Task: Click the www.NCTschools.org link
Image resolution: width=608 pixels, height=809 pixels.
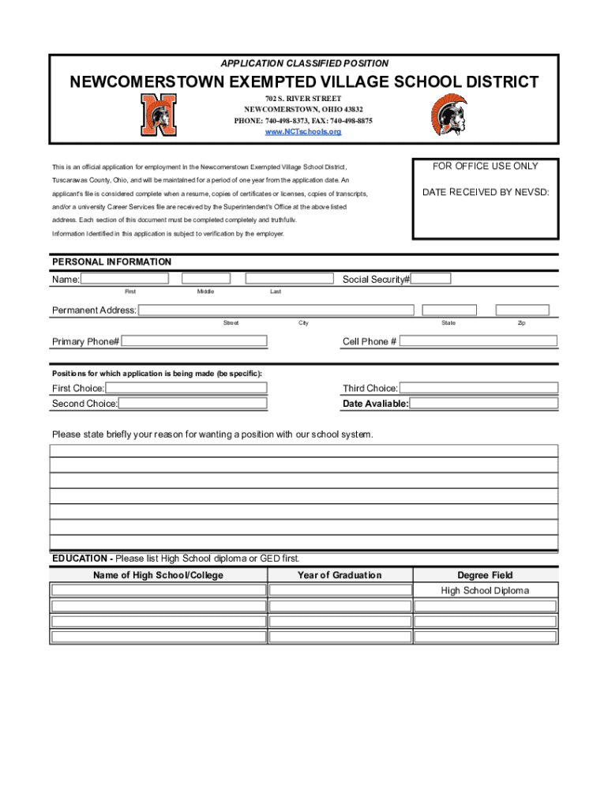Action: pos(303,132)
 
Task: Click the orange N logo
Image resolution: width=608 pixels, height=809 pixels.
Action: pos(159,115)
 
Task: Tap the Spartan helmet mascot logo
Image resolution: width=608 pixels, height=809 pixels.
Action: pos(448,115)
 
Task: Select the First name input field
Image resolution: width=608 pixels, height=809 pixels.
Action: pos(125,278)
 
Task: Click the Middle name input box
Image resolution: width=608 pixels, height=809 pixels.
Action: pos(206,278)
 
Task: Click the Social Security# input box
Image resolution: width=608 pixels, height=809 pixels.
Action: pos(431,278)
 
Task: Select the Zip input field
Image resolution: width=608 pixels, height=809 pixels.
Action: pos(521,310)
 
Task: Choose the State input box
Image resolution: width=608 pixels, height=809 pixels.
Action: pos(449,310)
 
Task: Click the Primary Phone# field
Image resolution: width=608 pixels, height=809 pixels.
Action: pos(194,341)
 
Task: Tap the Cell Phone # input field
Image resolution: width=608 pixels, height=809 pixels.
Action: pos(479,341)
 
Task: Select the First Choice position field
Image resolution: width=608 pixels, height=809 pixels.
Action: pos(186,388)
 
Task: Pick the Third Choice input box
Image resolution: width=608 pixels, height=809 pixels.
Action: pos(479,388)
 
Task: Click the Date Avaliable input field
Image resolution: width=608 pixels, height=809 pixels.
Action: pos(483,404)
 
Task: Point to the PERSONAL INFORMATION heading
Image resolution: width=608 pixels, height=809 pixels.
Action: pos(111,262)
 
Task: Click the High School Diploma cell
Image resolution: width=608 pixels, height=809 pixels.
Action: pos(486,591)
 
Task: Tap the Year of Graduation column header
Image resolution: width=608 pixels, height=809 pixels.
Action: pos(340,575)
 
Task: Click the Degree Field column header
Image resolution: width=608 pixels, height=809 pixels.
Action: pos(486,575)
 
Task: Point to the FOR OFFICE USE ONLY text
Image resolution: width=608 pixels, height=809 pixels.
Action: pos(485,166)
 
